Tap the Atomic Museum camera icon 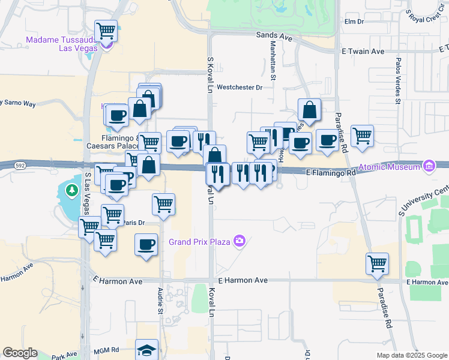pos(429,166)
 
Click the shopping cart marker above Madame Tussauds pos(106,30)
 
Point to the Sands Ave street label pos(274,37)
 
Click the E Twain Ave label pos(362,52)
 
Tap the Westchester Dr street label pos(240,88)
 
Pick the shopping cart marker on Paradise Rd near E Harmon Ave pos(377,263)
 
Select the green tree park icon pos(71,191)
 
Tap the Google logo pos(20,353)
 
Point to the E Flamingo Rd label pos(330,172)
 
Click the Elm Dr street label pos(354,22)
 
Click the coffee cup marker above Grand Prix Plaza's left pos(146,245)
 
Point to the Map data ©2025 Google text pos(412,355)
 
